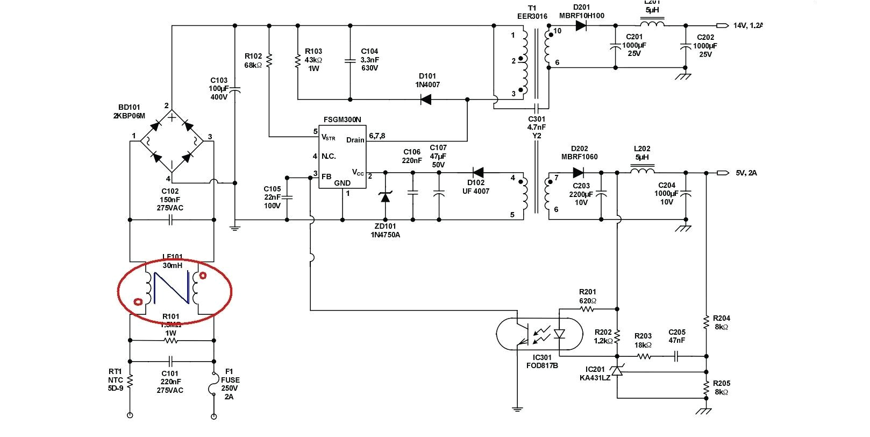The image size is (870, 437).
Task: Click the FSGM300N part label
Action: pyautogui.click(x=343, y=119)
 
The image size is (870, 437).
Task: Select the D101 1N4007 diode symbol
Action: pyautogui.click(x=426, y=100)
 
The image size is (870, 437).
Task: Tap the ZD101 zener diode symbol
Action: pyautogui.click(x=385, y=196)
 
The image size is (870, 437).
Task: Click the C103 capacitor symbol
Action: pyautogui.click(x=235, y=92)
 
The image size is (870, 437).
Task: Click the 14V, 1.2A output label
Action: pyautogui.click(x=748, y=25)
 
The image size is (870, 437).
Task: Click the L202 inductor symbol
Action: pyautogui.click(x=642, y=172)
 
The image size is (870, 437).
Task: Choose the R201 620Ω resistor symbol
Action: pyautogui.click(x=587, y=309)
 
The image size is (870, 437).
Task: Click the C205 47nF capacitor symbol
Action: pyautogui.click(x=677, y=356)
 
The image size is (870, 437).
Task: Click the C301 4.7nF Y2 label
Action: pyautogui.click(x=537, y=128)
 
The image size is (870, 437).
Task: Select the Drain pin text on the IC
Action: pyautogui.click(x=355, y=140)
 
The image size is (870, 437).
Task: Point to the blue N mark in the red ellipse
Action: pyautogui.click(x=172, y=289)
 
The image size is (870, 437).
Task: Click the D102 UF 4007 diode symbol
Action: pyautogui.click(x=477, y=173)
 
